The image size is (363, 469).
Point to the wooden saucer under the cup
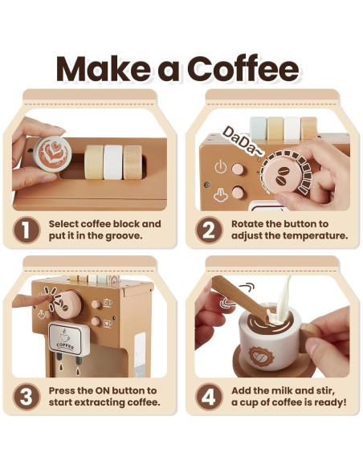[x=265, y=363]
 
